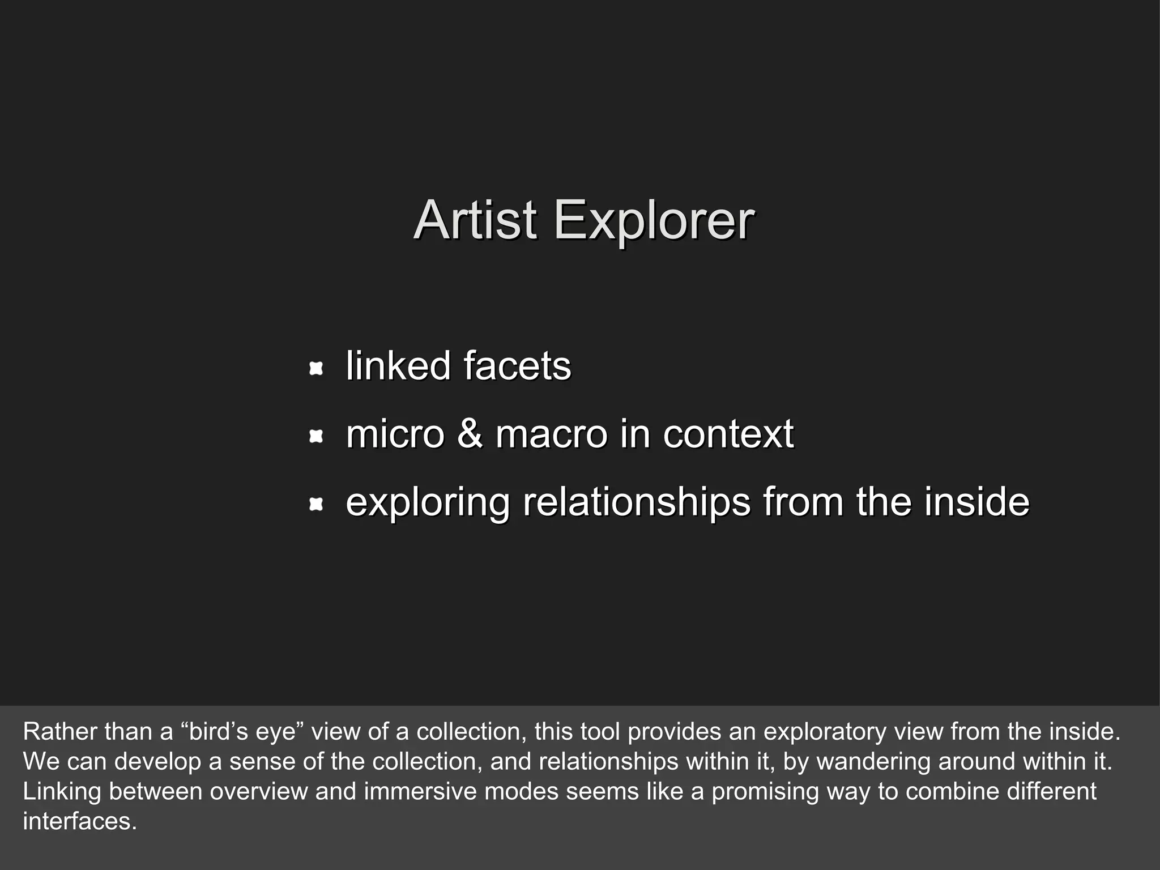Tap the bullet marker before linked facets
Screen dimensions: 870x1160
point(316,369)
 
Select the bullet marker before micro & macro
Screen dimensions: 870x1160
point(316,436)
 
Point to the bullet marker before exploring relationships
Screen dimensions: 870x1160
point(316,504)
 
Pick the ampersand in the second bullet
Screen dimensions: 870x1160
point(470,433)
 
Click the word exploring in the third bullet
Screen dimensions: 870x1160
point(428,502)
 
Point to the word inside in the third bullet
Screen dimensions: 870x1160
point(976,502)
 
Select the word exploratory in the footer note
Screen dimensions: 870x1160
point(824,731)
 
